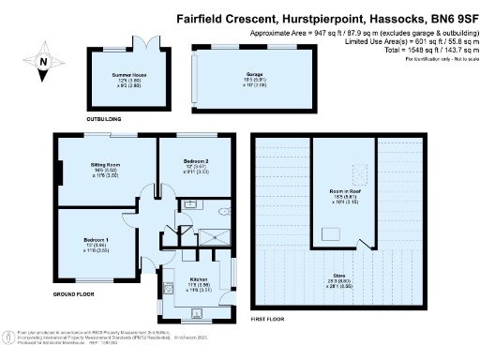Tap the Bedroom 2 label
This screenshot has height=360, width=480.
[196, 161]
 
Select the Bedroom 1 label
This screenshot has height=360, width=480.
[97, 240]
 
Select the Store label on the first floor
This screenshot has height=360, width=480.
[346, 276]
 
